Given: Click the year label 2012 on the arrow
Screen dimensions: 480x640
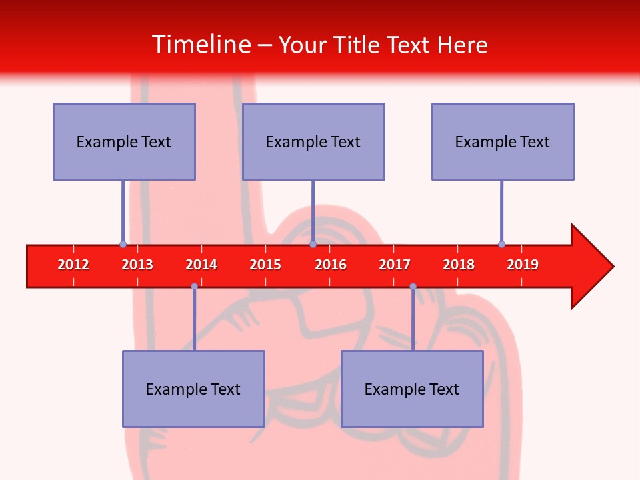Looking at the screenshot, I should pos(73,265).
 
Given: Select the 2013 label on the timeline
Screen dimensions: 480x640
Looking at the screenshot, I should pos(137,265).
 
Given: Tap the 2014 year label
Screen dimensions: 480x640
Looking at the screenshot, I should pos(201,265).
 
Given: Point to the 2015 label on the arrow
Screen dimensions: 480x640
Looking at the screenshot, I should pos(265,265).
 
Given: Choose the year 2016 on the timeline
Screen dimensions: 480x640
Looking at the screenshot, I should pos(331,265).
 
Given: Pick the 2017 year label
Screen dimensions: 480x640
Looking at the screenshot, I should pos(395,265).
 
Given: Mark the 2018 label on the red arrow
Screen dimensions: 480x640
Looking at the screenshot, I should pos(459,265).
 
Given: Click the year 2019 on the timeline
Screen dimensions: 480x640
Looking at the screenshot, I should pos(523,265).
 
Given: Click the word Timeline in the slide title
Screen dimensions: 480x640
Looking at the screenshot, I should pos(201,45).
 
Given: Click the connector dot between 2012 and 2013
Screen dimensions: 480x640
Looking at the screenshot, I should pos(123,244).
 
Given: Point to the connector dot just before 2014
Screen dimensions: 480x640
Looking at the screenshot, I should pos(194,287).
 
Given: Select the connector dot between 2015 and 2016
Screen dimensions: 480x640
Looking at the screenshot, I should pos(313,244).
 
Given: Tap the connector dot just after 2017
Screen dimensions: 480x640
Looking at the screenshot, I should pos(413,287).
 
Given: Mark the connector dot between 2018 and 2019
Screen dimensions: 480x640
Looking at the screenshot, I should pos(501,244).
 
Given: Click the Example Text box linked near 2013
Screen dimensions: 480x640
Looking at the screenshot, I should pos(124,141).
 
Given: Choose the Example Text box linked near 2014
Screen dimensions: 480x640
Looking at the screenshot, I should pos(193,389).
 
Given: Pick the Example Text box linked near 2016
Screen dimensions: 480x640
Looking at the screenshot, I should pos(313,141).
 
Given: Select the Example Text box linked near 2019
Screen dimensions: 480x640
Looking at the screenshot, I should pos(503,141).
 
